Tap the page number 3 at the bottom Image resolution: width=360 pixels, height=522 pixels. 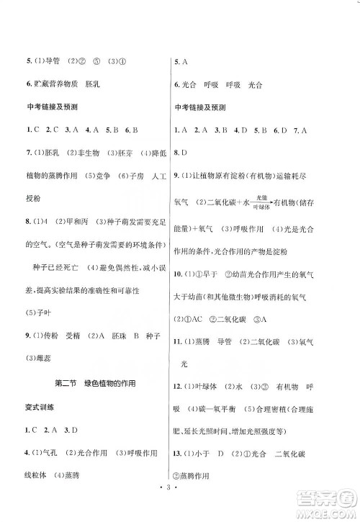pos(179,498)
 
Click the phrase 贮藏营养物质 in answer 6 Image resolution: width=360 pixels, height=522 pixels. pos(53,85)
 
